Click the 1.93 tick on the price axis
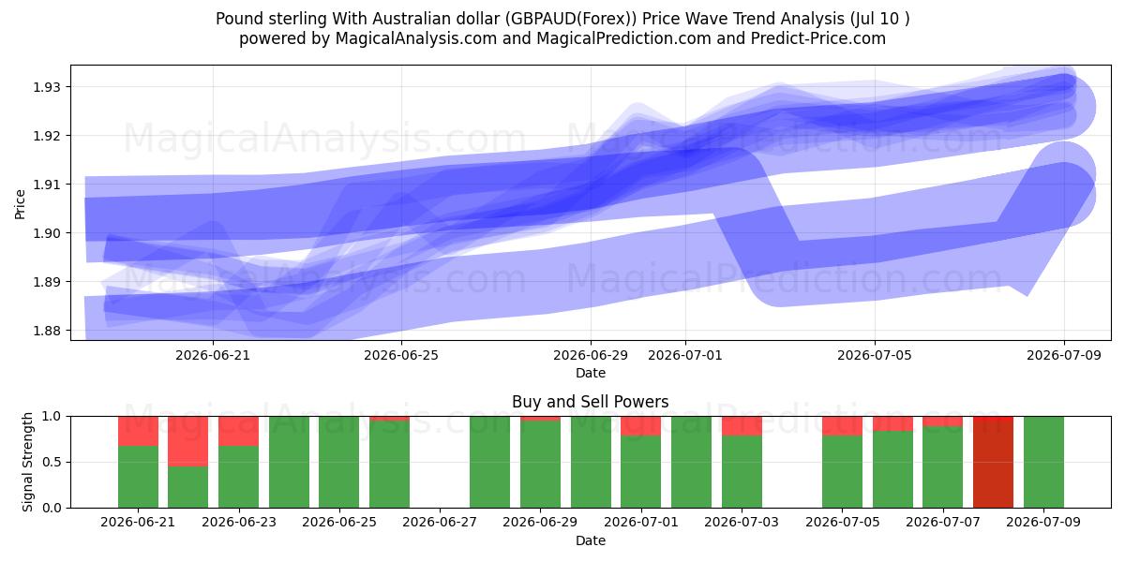point(46,87)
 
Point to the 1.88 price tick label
point(46,331)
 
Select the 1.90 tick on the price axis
point(46,233)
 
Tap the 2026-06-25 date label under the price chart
point(401,355)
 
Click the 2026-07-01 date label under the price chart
point(685,355)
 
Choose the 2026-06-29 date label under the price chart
point(591,355)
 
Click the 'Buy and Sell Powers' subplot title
point(590,402)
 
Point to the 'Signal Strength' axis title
point(27,462)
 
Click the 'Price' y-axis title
point(20,204)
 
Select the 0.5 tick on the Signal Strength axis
point(52,462)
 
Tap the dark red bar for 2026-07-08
point(993,462)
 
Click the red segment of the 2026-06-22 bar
point(187,441)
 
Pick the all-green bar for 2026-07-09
point(1043,462)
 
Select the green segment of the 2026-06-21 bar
point(138,477)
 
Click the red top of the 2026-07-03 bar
point(742,426)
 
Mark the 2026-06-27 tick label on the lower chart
point(440,522)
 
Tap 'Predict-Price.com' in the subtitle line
point(818,38)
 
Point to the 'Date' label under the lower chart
point(591,540)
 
